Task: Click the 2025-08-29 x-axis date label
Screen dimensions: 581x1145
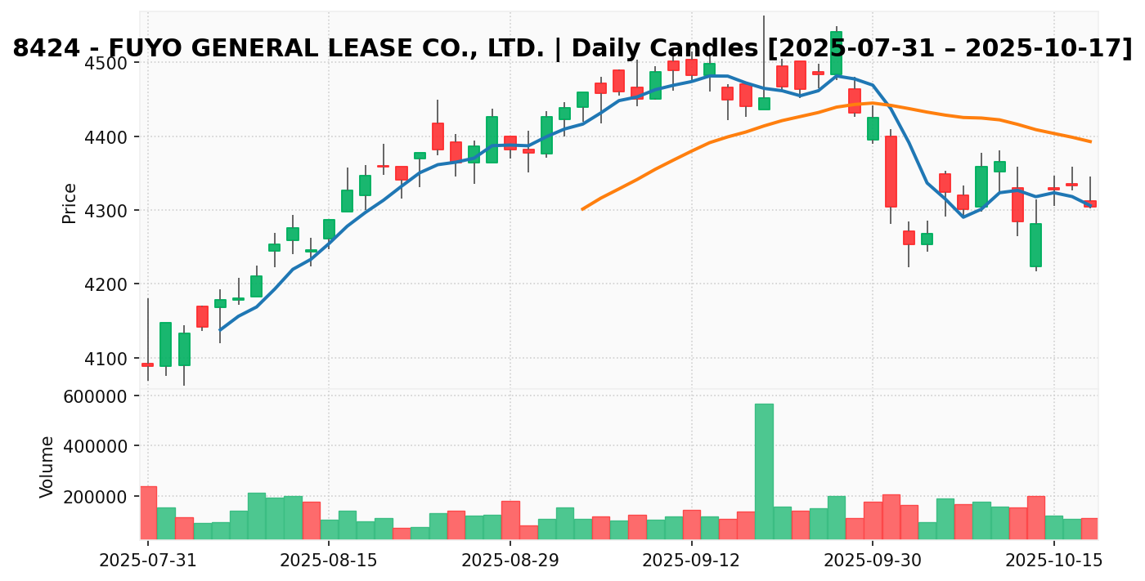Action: [x=510, y=561]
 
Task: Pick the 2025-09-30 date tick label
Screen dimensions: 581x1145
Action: [x=873, y=561]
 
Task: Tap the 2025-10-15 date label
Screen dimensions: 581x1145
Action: [x=1053, y=561]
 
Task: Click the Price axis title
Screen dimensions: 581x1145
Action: [x=70, y=203]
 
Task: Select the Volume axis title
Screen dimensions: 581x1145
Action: [x=47, y=467]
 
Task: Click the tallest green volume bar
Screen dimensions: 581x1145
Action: [x=764, y=471]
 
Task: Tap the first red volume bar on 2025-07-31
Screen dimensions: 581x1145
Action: [x=148, y=512]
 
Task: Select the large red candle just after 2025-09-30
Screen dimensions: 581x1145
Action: [x=891, y=172]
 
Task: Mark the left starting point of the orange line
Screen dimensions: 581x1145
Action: [x=582, y=209]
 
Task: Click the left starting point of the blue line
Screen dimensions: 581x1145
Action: [x=219, y=330]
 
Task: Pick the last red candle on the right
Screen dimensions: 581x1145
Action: [x=1089, y=203]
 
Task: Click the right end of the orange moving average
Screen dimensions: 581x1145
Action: [x=1090, y=141]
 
